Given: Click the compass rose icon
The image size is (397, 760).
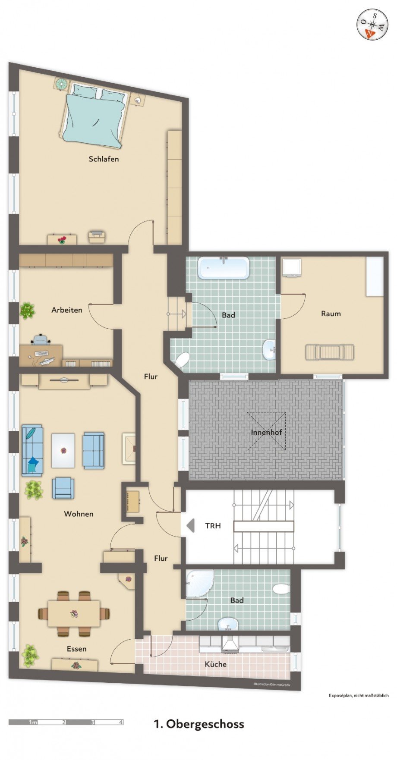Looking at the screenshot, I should point(372,24).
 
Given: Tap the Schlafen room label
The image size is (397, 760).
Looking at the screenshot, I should point(104,159).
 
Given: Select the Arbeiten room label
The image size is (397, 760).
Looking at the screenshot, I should point(66,310).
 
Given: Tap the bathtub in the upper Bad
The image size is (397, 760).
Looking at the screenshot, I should point(224,268).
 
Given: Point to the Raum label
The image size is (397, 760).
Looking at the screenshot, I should point(331,314).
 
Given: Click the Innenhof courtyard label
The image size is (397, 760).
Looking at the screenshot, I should point(266,432).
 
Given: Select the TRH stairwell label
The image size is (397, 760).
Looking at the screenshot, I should point(213,526).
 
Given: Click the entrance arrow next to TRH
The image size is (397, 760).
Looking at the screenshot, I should point(190,525).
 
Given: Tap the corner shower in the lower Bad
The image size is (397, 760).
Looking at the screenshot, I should point(198,583).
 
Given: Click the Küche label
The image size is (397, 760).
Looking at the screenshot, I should point(215,664).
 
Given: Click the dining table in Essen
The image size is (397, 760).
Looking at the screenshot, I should point(74,613).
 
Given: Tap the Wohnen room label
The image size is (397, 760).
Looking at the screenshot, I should point(79,514).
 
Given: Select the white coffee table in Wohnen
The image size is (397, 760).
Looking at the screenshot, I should point(63,451).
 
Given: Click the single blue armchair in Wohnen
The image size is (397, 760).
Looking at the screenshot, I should point(63,488).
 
